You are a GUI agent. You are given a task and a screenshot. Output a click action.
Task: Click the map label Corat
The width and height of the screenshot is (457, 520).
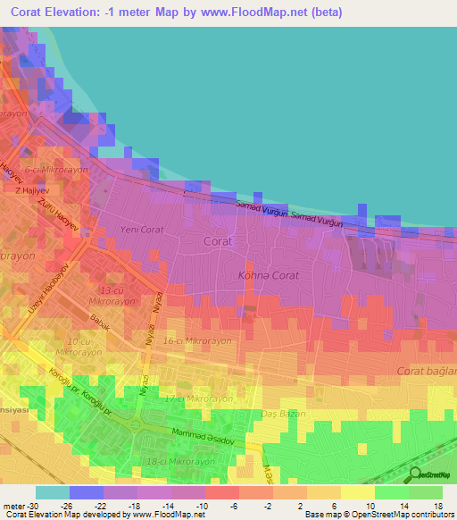tap(217, 241)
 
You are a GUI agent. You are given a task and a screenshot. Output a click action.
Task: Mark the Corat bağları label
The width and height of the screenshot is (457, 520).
tap(426, 370)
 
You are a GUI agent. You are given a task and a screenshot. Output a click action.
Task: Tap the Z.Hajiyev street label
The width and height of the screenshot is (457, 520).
tap(30, 190)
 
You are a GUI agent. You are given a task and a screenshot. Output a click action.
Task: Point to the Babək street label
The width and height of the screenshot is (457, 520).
tap(98, 326)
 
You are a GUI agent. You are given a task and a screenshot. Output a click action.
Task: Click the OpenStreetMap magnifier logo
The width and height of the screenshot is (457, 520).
tap(414, 475)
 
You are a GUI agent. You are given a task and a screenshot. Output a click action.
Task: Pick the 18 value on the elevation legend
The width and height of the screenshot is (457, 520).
tap(438, 505)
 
